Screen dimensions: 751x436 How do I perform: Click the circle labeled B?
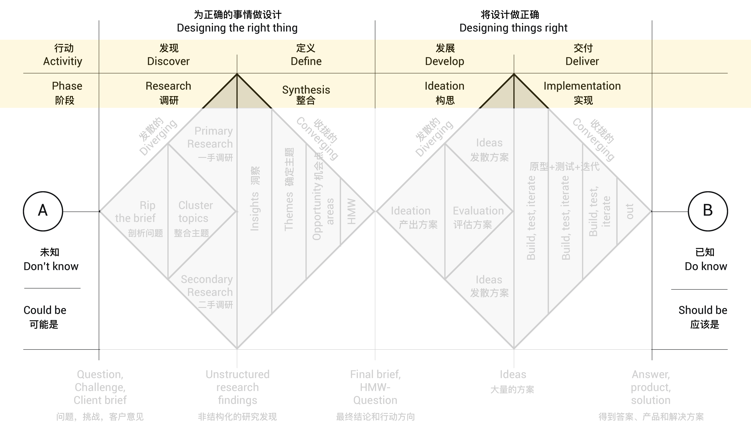(x=708, y=211)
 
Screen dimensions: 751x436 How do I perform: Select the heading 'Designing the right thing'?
(x=237, y=28)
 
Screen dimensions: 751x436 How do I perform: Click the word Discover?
(x=168, y=61)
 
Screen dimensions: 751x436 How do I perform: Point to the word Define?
(x=306, y=61)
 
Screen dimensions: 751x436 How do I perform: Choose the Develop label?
(x=444, y=61)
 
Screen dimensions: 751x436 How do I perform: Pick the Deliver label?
(x=582, y=61)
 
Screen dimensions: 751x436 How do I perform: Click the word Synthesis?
(x=306, y=89)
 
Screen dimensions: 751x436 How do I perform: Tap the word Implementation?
(x=582, y=86)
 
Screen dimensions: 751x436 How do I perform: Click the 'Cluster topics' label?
(x=195, y=212)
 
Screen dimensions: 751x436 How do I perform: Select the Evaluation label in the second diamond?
(x=478, y=211)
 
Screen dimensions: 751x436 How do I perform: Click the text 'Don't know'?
(x=51, y=266)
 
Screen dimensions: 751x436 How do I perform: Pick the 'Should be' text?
(x=703, y=310)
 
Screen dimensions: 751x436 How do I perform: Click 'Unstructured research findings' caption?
(x=238, y=387)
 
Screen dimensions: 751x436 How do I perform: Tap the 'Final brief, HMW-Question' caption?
(x=375, y=387)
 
